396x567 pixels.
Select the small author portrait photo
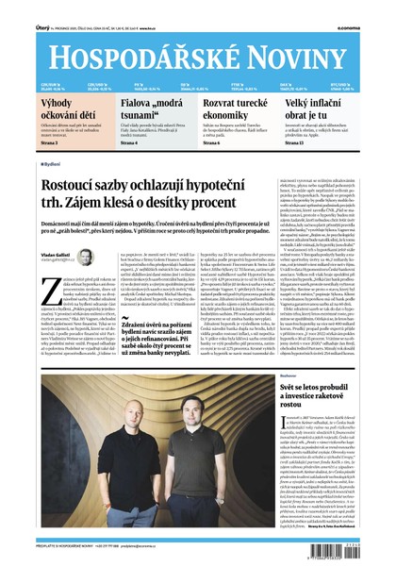[85, 257]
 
